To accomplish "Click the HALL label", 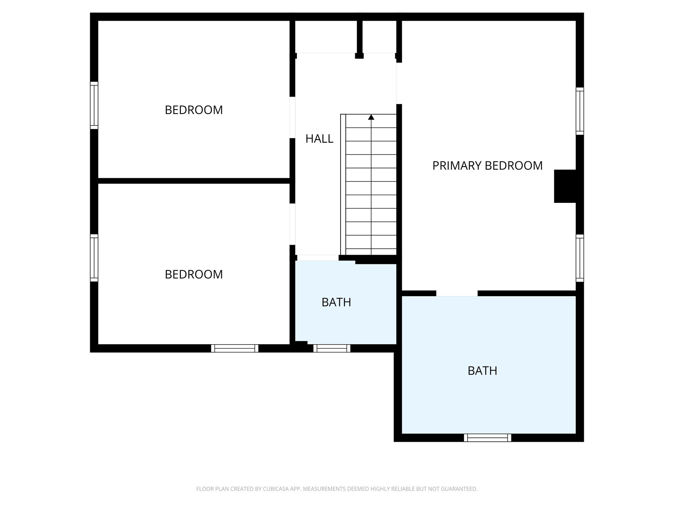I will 319,139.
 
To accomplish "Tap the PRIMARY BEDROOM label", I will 487,165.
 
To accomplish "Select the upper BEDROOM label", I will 194,110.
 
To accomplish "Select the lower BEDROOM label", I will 194,274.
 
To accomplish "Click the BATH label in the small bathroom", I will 336,302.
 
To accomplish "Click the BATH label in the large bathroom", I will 482,371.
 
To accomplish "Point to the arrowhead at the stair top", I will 371,117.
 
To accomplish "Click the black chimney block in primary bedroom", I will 565,186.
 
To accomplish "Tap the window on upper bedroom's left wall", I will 94,105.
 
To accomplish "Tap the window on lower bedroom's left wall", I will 94,258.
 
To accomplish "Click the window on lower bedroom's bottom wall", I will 235,348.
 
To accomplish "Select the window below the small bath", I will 332,348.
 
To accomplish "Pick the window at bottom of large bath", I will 487,438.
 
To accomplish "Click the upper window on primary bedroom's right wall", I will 580,111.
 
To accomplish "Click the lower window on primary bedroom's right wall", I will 580,258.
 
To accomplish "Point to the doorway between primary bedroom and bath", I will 457,293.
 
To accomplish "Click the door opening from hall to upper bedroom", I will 292,117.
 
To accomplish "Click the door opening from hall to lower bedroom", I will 292,224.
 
